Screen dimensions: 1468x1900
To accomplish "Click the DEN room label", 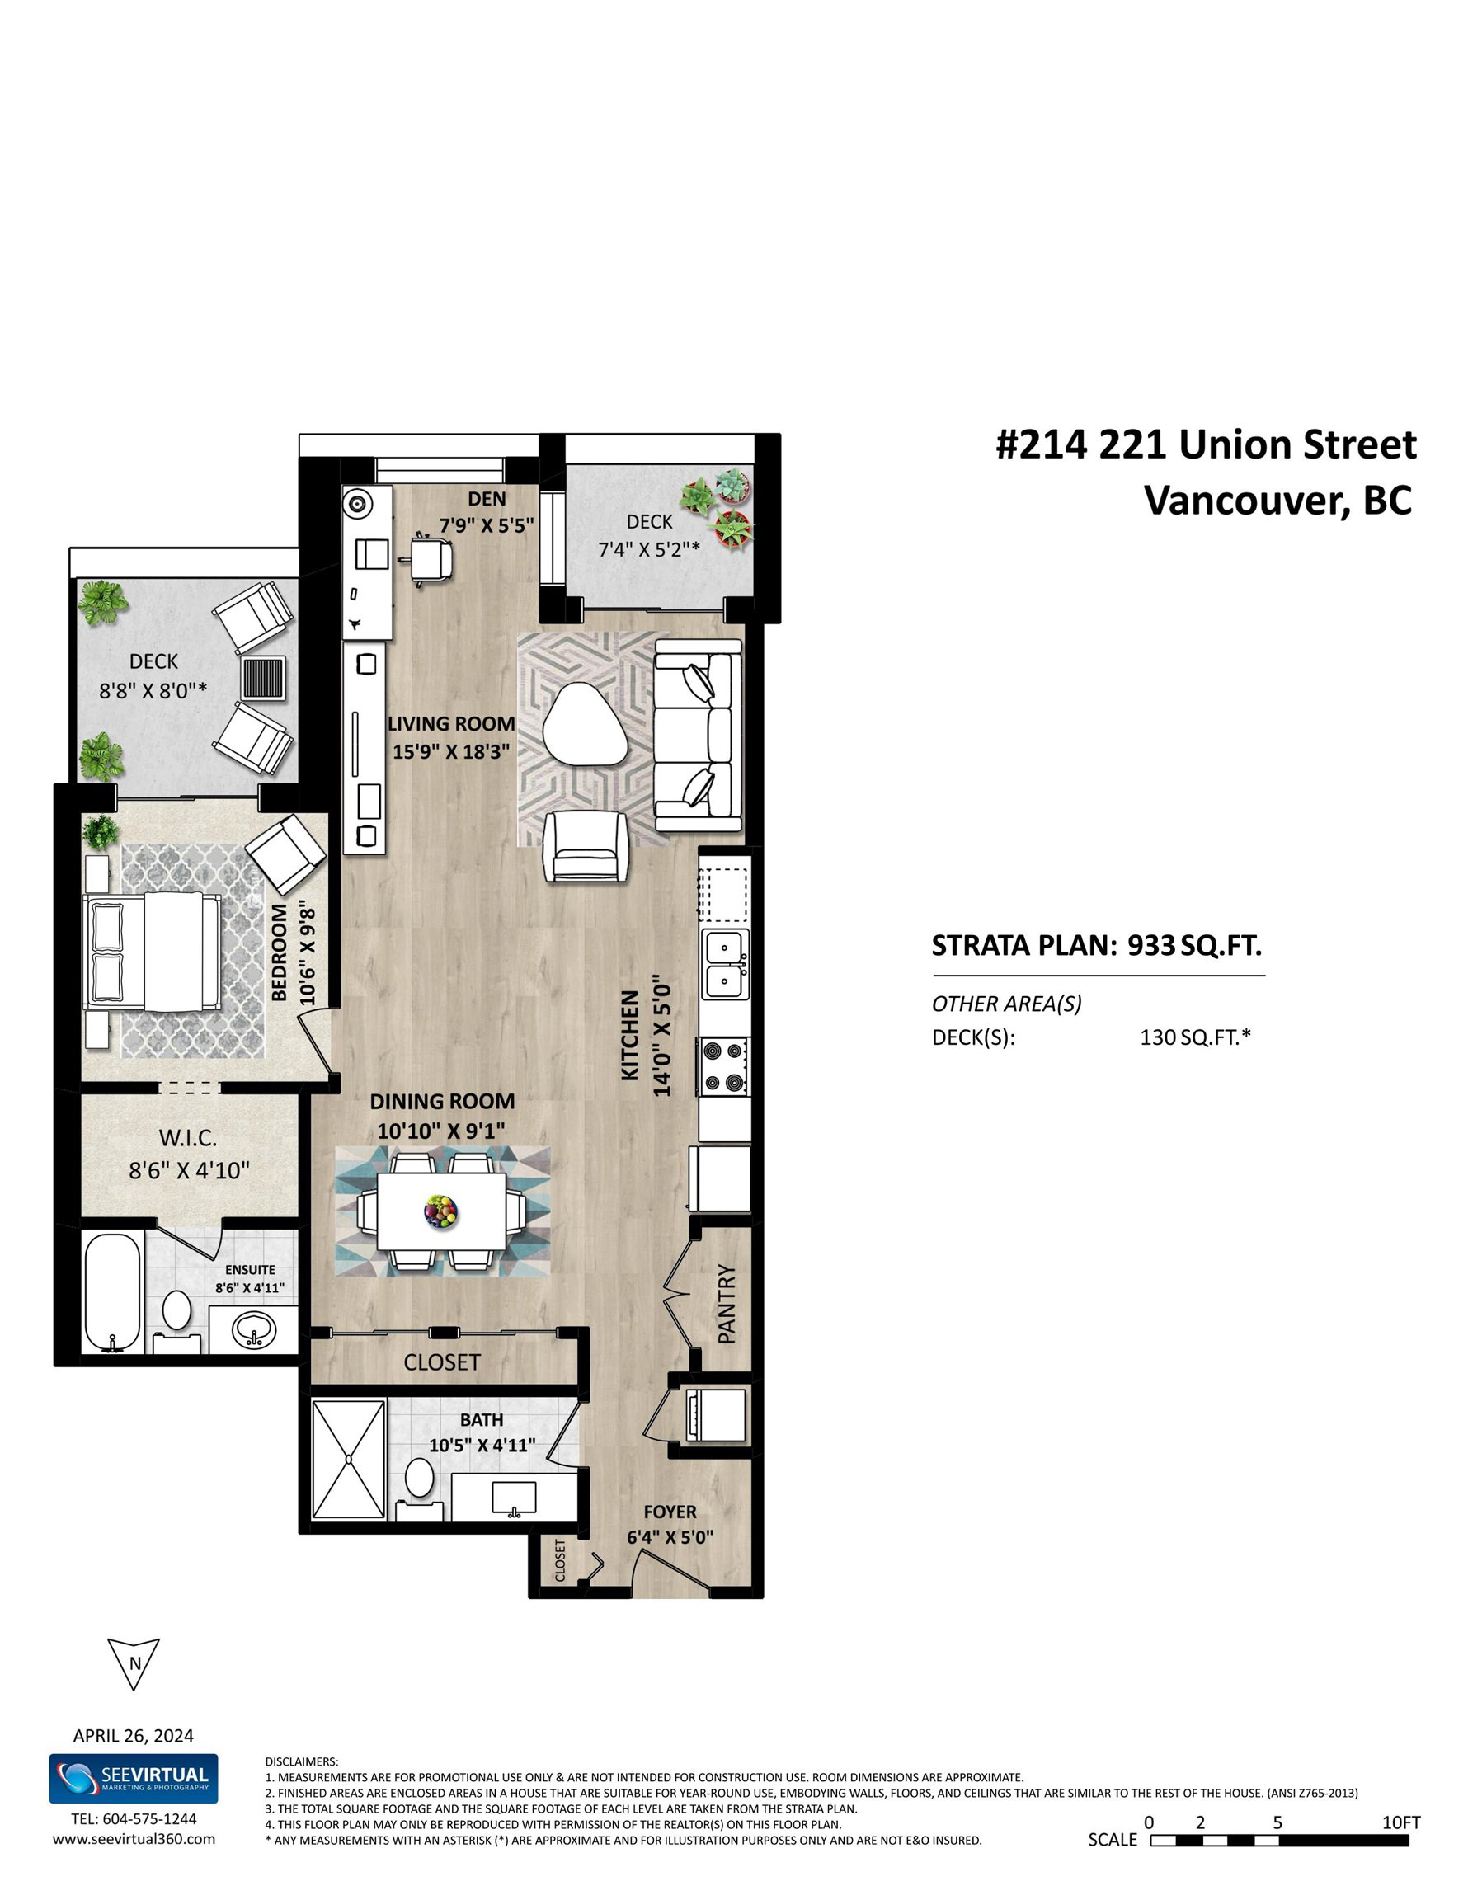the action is click(x=487, y=500).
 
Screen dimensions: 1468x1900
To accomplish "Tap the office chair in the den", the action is click(x=431, y=558).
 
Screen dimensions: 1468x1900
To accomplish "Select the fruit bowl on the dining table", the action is click(x=440, y=1211).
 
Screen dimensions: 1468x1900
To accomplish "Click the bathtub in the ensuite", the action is click(x=112, y=1292).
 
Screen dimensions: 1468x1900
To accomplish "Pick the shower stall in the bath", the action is click(x=348, y=1460).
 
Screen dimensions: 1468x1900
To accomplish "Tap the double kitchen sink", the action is click(x=724, y=964).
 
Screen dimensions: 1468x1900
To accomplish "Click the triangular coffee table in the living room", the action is click(x=581, y=724).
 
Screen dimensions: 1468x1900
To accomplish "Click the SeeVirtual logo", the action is click(x=133, y=1778).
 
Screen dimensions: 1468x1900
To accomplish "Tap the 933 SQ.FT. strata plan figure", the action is click(x=1194, y=945).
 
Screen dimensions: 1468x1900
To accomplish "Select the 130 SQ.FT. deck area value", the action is click(x=1196, y=1037).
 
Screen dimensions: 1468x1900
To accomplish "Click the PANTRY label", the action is click(x=727, y=1303).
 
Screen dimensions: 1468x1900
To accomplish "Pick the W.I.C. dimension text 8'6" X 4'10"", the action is click(x=190, y=1170).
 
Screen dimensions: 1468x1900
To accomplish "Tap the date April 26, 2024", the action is click(x=133, y=1736).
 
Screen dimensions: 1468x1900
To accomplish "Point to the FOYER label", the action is click(x=670, y=1511).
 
